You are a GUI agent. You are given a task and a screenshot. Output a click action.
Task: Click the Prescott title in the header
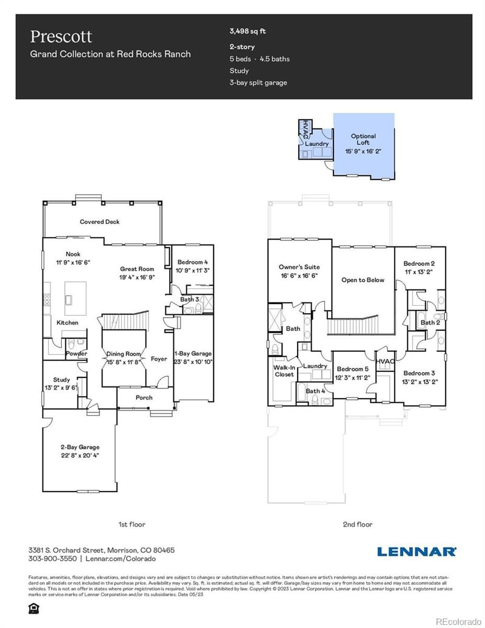tap(61, 36)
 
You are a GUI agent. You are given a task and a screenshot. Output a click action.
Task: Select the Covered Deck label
tap(99, 222)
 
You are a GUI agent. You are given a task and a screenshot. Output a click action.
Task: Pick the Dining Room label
tap(124, 354)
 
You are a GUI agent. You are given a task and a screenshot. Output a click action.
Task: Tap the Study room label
tap(61, 380)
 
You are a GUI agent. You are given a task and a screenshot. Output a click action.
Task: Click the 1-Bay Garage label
tap(193, 353)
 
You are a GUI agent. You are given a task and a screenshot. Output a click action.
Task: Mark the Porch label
tap(144, 397)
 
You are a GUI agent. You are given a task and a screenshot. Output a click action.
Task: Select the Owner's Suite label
tap(299, 267)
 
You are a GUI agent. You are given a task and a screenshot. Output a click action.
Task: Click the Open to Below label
tap(363, 280)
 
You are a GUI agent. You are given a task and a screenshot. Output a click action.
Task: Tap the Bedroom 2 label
tap(420, 264)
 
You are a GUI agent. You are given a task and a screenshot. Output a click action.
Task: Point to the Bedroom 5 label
tap(353, 369)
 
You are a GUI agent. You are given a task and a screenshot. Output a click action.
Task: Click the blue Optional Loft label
tap(363, 136)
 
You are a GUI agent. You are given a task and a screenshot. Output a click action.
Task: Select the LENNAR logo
tap(416, 552)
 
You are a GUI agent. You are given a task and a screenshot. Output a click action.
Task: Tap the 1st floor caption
tap(132, 524)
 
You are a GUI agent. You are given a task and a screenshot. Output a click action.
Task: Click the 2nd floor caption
tap(358, 524)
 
